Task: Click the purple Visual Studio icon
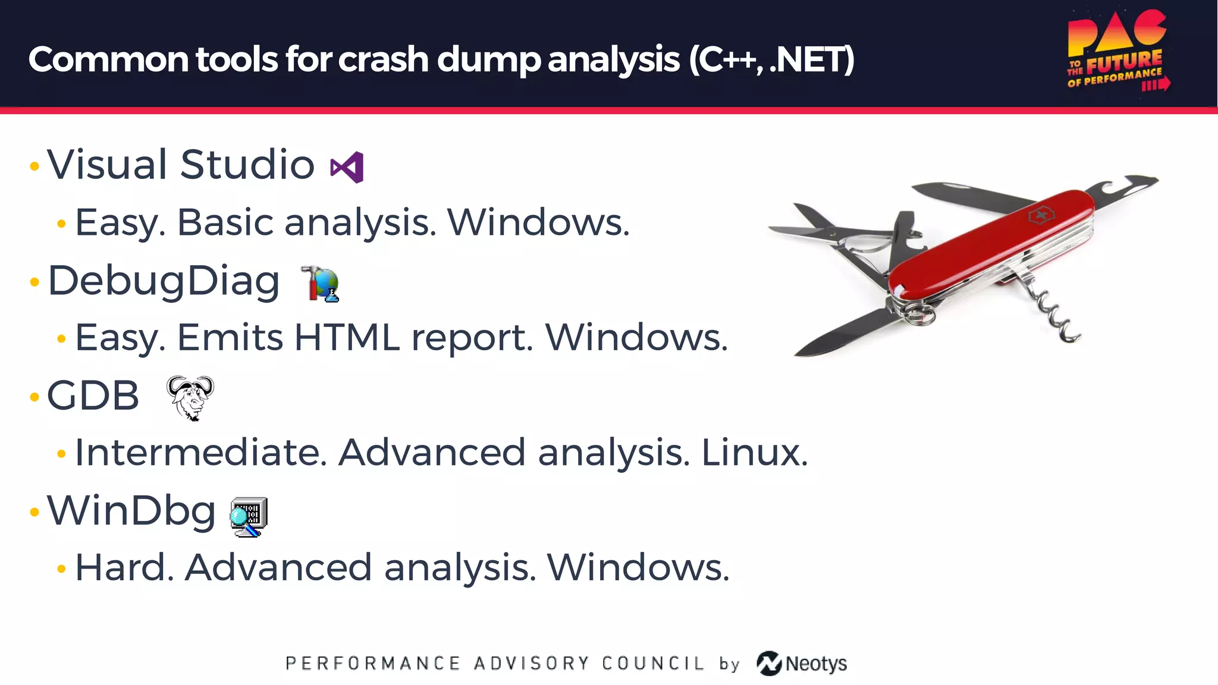[347, 167]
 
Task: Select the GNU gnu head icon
[190, 398]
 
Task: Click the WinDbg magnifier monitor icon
[249, 517]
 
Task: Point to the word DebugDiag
[164, 281]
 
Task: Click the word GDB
[93, 396]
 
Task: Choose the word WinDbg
[131, 511]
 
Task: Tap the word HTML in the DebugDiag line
[347, 338]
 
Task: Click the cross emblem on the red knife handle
[1041, 215]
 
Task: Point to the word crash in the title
[383, 59]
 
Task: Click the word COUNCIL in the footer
[652, 664]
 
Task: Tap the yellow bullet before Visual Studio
[34, 166]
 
